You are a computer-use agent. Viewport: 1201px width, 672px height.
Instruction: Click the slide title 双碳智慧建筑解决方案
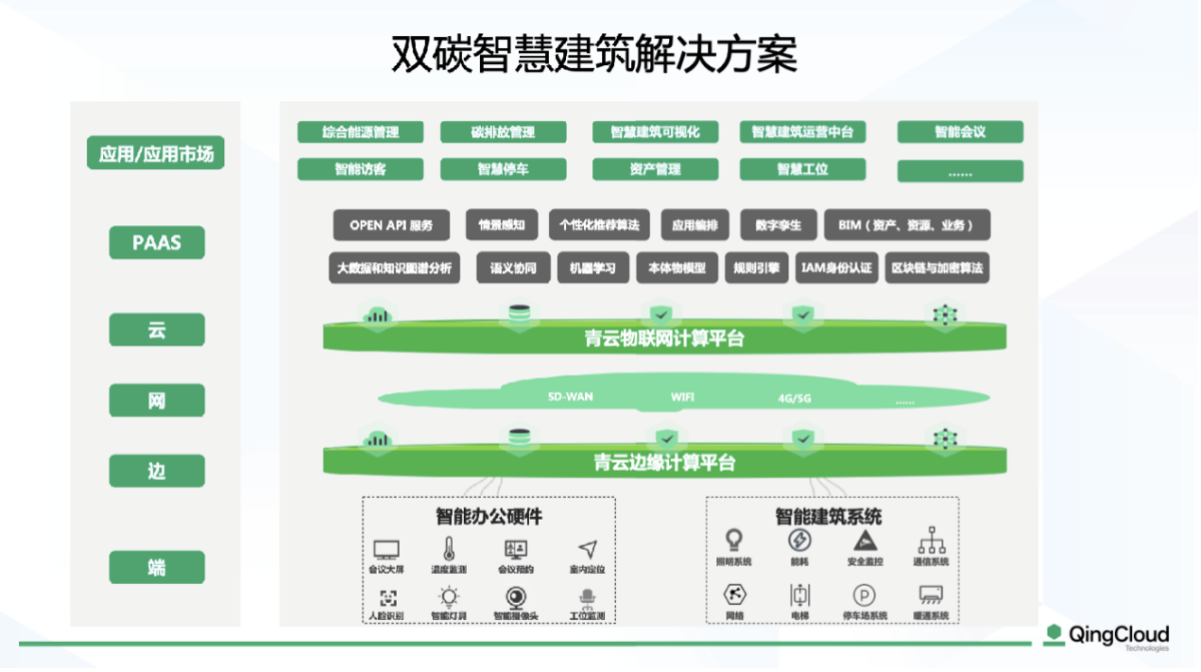(594, 55)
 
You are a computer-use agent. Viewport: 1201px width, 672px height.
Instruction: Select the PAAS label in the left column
(157, 243)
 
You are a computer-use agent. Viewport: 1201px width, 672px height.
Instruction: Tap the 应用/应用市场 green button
(157, 154)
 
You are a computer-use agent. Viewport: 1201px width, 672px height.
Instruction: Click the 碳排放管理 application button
(503, 132)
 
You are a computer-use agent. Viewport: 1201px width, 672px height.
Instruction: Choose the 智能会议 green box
(959, 132)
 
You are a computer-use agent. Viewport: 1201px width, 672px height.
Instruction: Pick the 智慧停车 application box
(503, 169)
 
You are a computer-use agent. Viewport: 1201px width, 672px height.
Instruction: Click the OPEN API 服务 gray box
(391, 225)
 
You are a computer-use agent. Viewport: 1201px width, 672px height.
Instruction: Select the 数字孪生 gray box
(778, 225)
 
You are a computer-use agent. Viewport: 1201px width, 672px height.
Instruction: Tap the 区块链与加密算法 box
(936, 267)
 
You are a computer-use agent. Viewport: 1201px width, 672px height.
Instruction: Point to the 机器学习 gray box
(592, 267)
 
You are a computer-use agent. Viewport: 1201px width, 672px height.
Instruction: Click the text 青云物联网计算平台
(663, 338)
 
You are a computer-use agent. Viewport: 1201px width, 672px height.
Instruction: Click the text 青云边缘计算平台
(663, 463)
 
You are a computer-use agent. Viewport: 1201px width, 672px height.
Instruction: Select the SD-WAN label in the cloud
(570, 396)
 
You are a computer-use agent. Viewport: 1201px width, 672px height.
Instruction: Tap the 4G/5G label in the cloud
(794, 398)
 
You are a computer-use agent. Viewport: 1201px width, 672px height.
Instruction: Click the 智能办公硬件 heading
(489, 517)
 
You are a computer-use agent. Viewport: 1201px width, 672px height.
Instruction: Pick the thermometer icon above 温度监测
(449, 547)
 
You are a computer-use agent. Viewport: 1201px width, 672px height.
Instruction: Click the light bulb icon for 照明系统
(733, 540)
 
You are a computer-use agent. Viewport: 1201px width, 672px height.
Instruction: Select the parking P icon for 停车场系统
(864, 594)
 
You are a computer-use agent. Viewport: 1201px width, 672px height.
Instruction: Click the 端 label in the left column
(157, 567)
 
